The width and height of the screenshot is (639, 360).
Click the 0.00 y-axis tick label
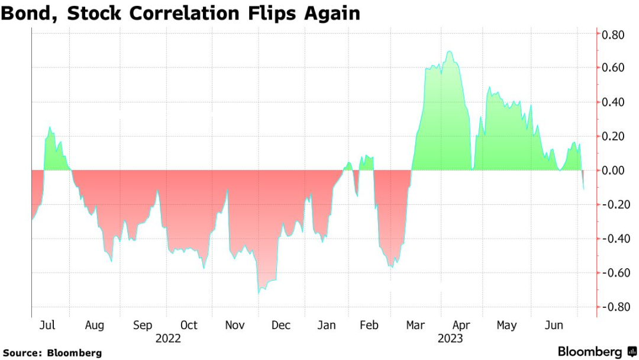pos(614,171)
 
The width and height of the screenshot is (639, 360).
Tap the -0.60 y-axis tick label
pos(612,273)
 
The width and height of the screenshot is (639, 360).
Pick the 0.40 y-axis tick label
pos(614,102)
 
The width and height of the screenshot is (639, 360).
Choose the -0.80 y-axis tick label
pos(612,307)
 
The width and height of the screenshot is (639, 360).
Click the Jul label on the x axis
pos(47,325)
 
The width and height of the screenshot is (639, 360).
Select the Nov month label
pos(235,325)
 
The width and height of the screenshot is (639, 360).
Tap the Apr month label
pos(461,325)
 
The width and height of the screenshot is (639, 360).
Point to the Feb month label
pos(369,325)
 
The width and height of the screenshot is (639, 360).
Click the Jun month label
pos(554,325)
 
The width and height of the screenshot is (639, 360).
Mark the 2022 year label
pos(168,339)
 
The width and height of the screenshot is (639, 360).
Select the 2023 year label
pos(450,339)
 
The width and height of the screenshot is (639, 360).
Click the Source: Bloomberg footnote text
pos(52,353)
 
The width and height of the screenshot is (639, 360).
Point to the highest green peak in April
pos(450,52)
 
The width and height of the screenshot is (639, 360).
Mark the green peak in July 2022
pos(50,127)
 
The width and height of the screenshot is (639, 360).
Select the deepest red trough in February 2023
pos(392,267)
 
